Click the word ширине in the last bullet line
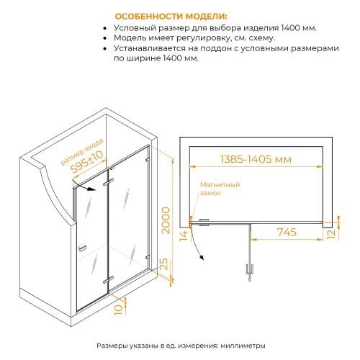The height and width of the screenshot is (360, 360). point(153,58)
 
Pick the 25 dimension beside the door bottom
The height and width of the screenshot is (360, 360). point(164,266)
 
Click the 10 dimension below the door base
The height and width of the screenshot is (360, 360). point(117,311)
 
